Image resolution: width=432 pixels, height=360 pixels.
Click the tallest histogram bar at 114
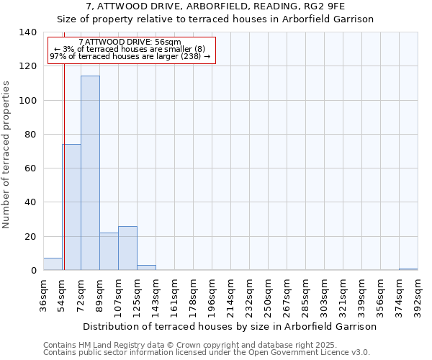[90, 173]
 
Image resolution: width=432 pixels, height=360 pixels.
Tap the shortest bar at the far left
[53, 264]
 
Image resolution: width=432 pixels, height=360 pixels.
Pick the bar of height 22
[109, 251]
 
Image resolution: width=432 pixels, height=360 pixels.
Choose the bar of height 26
[127, 248]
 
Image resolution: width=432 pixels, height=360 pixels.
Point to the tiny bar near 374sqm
[408, 269]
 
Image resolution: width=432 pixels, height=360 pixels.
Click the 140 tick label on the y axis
[28, 32]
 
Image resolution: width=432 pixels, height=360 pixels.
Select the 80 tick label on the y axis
[31, 135]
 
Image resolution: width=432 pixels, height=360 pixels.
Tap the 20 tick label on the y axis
[31, 237]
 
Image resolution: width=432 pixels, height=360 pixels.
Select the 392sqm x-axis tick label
[418, 295]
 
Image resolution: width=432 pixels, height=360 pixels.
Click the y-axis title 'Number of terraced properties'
[6, 155]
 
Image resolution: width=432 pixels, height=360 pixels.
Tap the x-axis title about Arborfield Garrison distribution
[230, 326]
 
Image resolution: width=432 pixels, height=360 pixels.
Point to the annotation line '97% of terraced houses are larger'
[130, 56]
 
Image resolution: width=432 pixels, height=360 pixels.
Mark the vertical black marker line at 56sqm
[64, 166]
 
